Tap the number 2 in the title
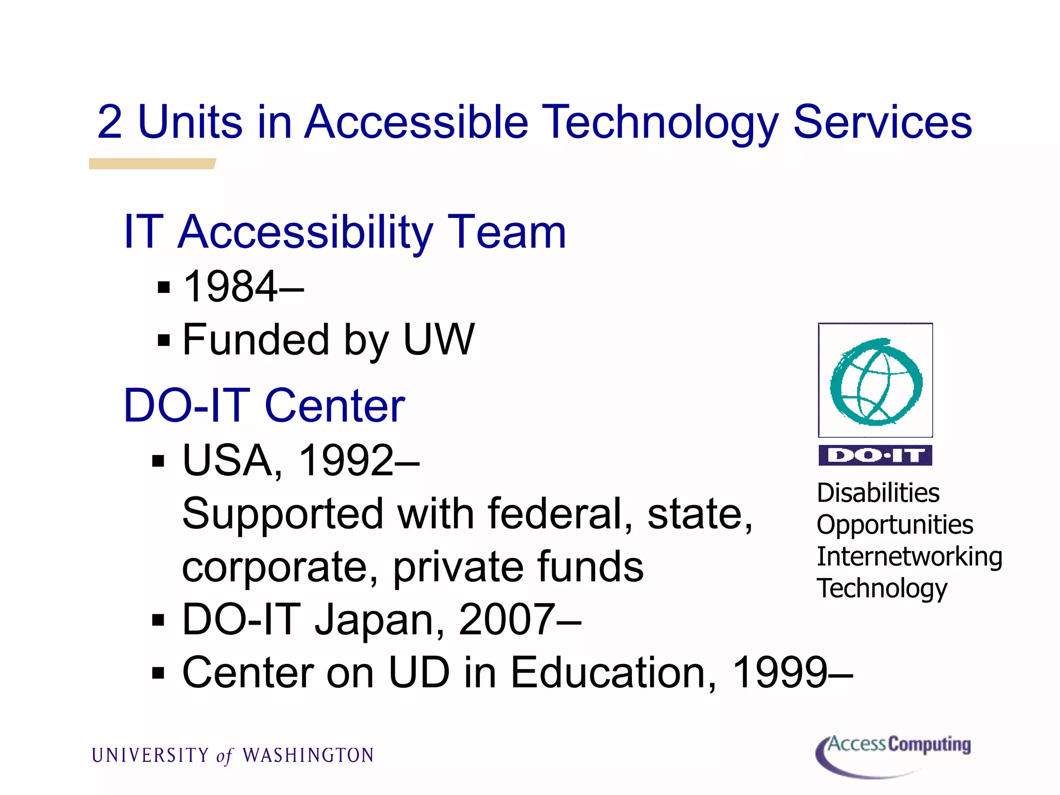tap(110, 122)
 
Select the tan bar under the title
tap(152, 164)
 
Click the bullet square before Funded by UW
tap(164, 341)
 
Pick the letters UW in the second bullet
tap(439, 340)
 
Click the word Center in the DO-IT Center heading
tap(334, 406)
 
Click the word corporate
tap(279, 567)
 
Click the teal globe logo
tap(876, 381)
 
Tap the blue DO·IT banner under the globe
tap(875, 455)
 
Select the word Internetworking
tap(909, 557)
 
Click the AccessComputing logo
tap(893, 755)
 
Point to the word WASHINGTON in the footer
tap(308, 756)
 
